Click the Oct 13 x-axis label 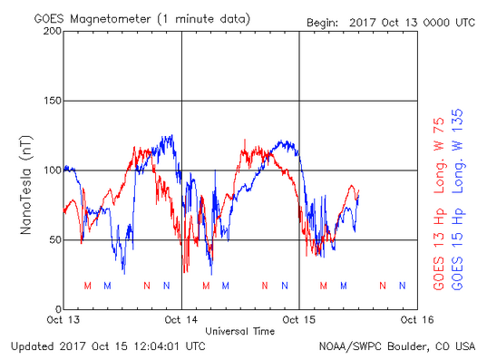[x=63, y=320]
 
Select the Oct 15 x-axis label [x=299, y=320]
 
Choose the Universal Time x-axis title [x=239, y=331]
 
